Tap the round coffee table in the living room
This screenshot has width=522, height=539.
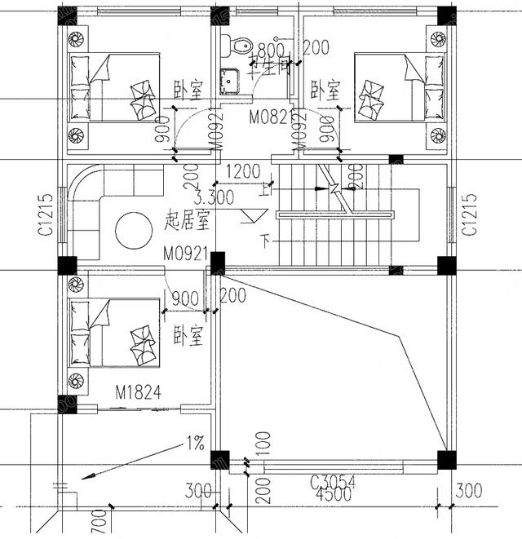pyautogui.click(x=134, y=231)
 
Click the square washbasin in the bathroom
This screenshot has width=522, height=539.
pyautogui.click(x=229, y=80)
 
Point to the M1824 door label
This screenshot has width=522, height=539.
pyautogui.click(x=133, y=394)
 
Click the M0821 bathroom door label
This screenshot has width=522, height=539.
pyautogui.click(x=269, y=117)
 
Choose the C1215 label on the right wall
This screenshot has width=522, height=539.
pyautogui.click(x=469, y=215)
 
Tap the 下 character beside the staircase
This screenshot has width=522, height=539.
pyautogui.click(x=263, y=241)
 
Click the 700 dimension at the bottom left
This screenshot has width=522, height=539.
pyautogui.click(x=97, y=522)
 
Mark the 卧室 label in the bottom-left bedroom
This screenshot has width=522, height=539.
pyautogui.click(x=188, y=337)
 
